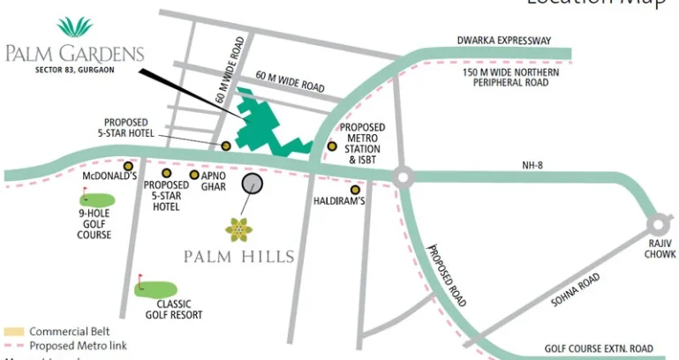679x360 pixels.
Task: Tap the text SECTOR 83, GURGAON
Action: coord(75,68)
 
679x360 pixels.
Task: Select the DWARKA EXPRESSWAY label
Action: coord(503,41)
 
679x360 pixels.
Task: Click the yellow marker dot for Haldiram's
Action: coord(356,190)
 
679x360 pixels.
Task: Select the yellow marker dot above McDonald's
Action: coord(129,166)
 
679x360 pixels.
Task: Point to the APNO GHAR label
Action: coord(214,181)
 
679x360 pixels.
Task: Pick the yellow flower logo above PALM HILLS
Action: coord(238,229)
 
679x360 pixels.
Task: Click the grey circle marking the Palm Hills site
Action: coord(253,183)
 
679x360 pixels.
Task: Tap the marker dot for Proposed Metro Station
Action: coord(333,146)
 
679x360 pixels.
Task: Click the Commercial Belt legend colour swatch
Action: coord(13,332)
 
